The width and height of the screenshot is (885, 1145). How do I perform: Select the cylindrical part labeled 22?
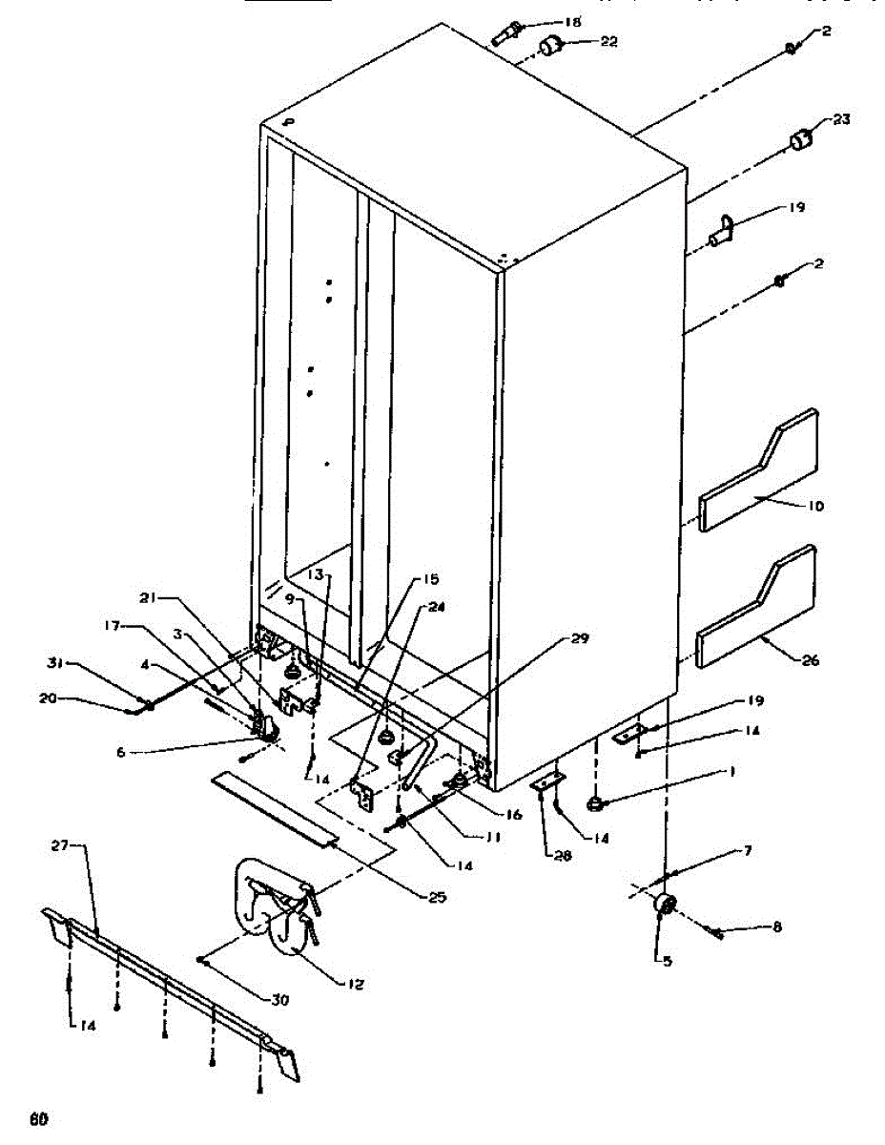[x=550, y=45]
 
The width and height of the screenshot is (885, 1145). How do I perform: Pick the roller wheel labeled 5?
[x=665, y=906]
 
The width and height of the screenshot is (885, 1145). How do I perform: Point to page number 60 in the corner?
[x=38, y=1118]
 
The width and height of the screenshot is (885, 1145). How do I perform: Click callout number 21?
[x=148, y=597]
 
